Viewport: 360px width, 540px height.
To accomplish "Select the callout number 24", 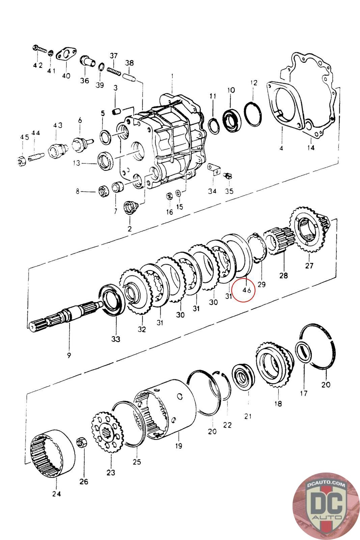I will pyautogui.click(x=57, y=494).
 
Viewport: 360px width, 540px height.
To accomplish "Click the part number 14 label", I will pyautogui.click(x=311, y=147).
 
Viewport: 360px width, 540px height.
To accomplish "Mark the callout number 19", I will pyautogui.click(x=178, y=446).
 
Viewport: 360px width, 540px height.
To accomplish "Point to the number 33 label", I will pyautogui.click(x=116, y=339).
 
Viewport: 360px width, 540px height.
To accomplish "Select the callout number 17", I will pyautogui.click(x=304, y=393).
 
